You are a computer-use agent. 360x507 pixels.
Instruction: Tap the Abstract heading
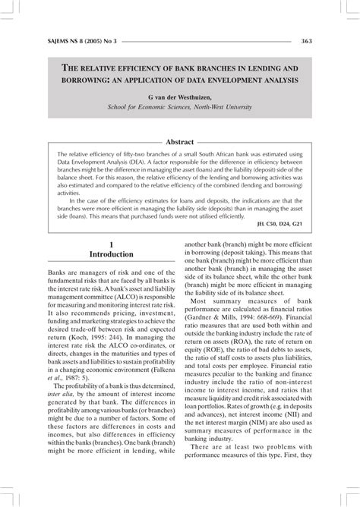pyautogui.click(x=179, y=142)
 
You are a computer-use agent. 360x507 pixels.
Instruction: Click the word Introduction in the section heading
pyautogui.click(x=111, y=254)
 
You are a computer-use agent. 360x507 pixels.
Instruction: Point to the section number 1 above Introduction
pyautogui.click(x=111, y=244)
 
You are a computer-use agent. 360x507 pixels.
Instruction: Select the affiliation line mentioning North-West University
pyautogui.click(x=180, y=108)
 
